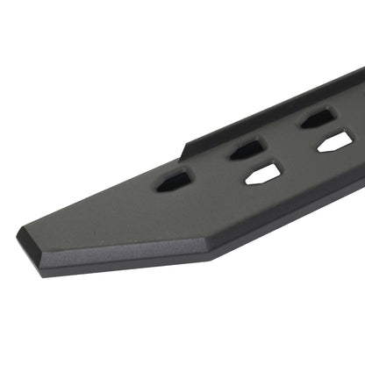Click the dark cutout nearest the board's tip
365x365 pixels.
tap(175, 182)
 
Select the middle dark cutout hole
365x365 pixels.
tap(247, 149)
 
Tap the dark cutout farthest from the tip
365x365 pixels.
tap(316, 118)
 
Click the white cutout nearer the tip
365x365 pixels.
tap(261, 174)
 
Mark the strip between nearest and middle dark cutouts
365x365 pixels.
tap(211, 166)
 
